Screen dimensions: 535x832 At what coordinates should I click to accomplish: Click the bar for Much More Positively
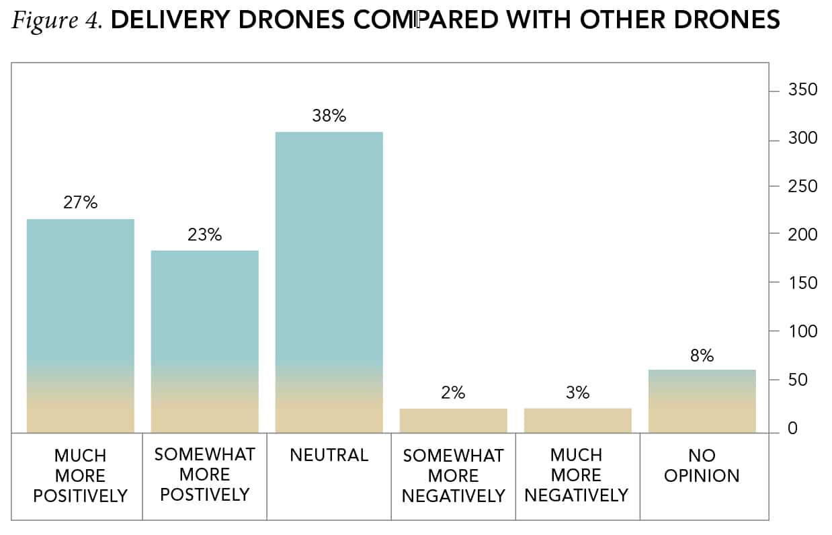point(81,326)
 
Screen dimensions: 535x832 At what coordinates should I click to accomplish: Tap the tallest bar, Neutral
point(329,282)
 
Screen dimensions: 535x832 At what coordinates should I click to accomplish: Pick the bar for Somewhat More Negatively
point(454,420)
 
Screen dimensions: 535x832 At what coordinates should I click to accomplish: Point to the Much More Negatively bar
point(578,420)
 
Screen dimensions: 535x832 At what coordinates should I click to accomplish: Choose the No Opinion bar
point(702,401)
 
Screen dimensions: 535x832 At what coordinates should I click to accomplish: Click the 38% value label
point(329,116)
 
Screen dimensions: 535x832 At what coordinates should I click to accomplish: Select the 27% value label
point(81,203)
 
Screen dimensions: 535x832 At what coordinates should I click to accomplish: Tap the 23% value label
point(205,235)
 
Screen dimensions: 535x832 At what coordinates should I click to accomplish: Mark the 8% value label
point(702,356)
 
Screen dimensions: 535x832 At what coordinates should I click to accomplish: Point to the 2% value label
point(454,393)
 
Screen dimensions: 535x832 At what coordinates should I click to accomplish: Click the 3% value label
point(578,393)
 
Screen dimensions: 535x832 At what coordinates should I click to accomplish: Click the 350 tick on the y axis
point(802,90)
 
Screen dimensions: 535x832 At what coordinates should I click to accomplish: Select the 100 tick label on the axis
point(802,331)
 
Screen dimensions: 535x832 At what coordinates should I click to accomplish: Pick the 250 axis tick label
point(802,186)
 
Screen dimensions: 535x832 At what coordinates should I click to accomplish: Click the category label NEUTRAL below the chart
point(329,455)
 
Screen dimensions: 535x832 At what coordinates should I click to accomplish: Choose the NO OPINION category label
point(702,465)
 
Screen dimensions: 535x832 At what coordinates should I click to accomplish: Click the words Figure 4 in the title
point(56,21)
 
